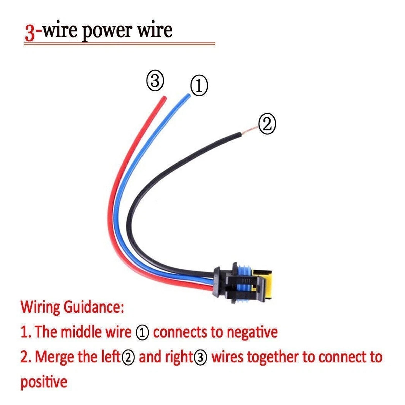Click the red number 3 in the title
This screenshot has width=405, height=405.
30,33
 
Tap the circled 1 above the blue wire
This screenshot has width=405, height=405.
199,85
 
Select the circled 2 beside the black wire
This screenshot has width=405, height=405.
267,124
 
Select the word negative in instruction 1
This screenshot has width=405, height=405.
252,332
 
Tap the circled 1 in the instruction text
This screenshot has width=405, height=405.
142,332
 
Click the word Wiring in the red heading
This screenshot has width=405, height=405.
40,307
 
